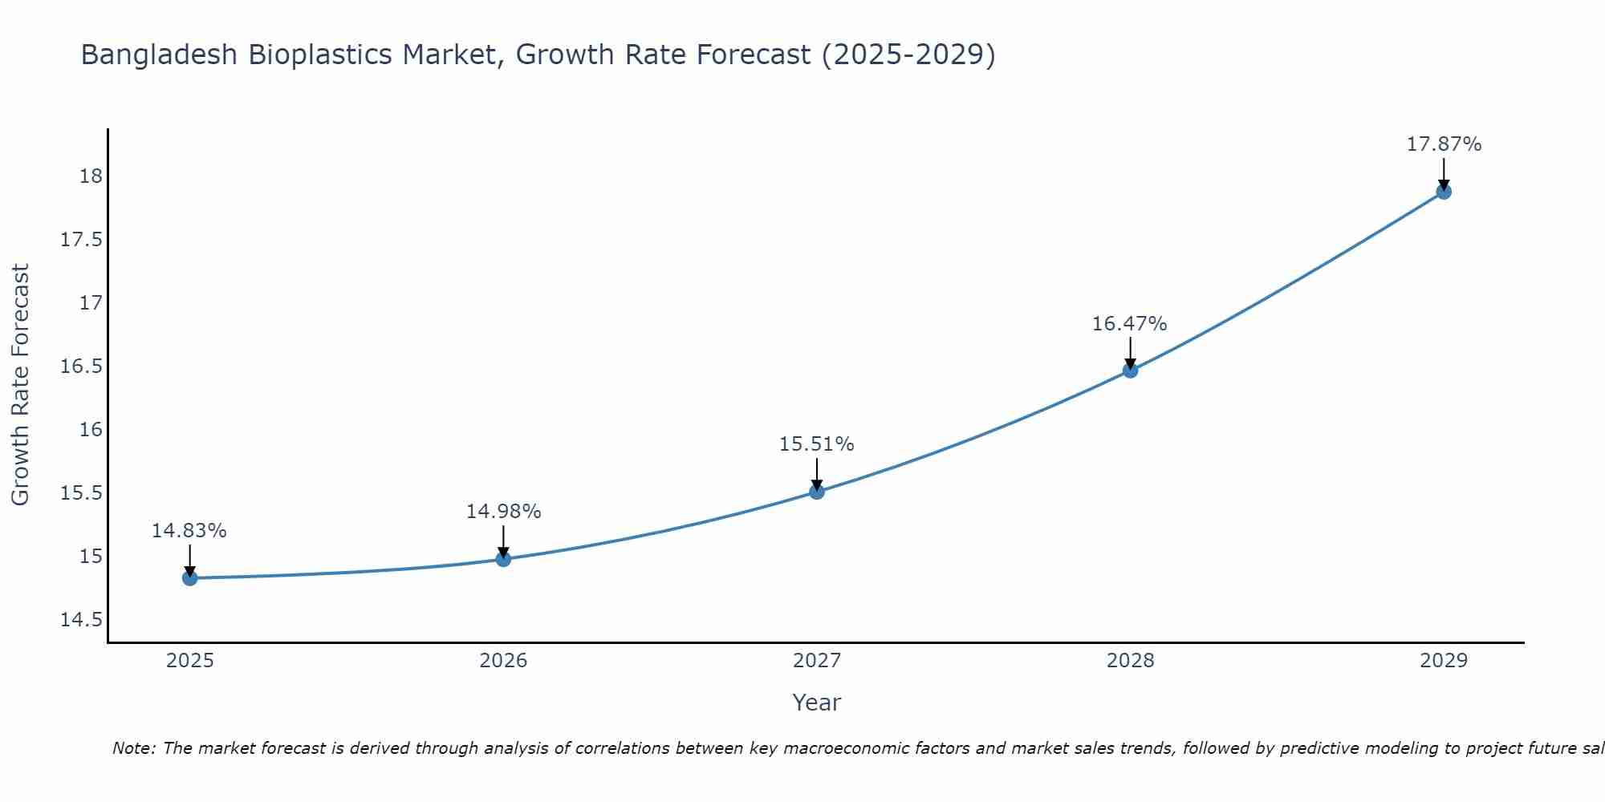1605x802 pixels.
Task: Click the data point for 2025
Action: click(x=190, y=578)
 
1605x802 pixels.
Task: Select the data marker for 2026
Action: click(x=503, y=559)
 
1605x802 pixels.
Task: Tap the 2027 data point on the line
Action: click(x=817, y=492)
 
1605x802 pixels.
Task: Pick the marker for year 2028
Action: click(x=1130, y=371)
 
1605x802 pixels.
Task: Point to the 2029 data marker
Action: click(x=1444, y=192)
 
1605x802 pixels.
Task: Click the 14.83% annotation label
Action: click(x=189, y=531)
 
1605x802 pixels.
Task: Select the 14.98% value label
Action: click(x=503, y=512)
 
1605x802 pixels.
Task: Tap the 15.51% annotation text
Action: click(x=817, y=444)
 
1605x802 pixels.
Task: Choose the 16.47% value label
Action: click(x=1130, y=324)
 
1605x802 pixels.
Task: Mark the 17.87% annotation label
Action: click(x=1444, y=144)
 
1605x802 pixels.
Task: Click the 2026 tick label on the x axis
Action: click(x=503, y=661)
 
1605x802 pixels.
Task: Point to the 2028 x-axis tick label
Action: click(x=1130, y=661)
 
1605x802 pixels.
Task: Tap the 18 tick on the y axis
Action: click(x=91, y=176)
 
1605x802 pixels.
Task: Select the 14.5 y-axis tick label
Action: click(x=81, y=620)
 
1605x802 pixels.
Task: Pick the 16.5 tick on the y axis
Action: click(x=81, y=367)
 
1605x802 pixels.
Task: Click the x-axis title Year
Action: click(x=817, y=703)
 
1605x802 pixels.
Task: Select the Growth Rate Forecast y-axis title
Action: click(x=20, y=385)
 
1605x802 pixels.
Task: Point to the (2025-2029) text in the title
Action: click(x=908, y=55)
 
